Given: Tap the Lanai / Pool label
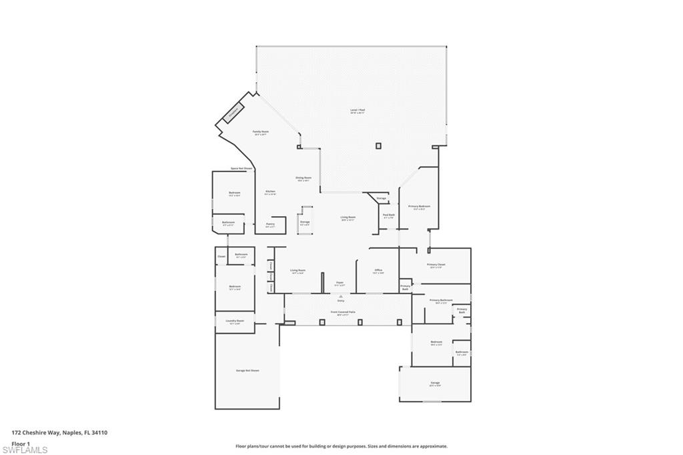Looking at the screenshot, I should [x=358, y=111].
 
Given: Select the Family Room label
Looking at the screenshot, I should [x=260, y=133].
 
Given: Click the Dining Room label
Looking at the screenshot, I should [x=303, y=178].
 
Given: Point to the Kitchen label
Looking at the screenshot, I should [x=269, y=192].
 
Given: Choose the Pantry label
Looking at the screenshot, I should [x=270, y=225].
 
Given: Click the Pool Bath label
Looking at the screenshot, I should [x=388, y=215].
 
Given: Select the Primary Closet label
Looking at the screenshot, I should [x=436, y=265].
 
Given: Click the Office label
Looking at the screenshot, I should [x=378, y=271].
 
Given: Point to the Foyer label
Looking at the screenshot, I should [x=339, y=284].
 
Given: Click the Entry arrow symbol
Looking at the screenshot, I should [x=340, y=296].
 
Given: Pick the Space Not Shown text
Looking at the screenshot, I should [x=241, y=168].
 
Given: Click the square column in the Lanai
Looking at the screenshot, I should [x=378, y=145].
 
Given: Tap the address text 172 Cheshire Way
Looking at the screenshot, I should [x=59, y=432].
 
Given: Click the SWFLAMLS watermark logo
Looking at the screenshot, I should [x=25, y=449].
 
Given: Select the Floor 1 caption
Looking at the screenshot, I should [x=21, y=443].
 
